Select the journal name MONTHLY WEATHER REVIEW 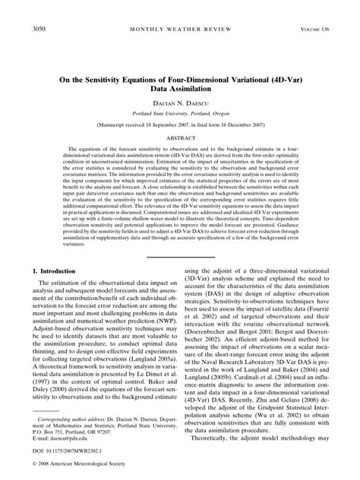point(181,30)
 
